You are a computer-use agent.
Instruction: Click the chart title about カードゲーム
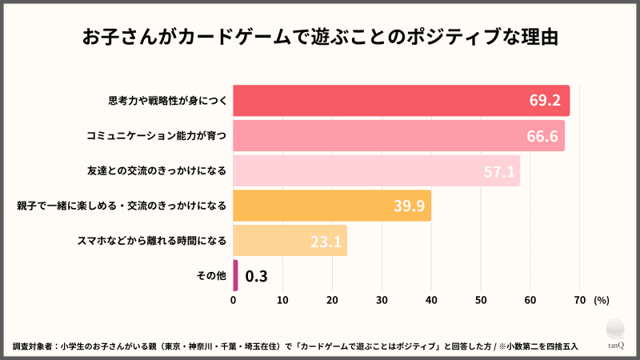coord(320,38)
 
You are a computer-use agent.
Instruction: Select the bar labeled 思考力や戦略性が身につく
coord(400,101)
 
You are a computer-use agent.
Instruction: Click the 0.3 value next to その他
coord(256,276)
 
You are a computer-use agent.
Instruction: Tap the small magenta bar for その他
coord(235,275)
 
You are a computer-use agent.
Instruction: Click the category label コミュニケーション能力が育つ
coord(157,136)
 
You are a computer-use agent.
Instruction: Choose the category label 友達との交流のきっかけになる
coord(157,171)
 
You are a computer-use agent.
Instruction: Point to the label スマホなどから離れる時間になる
coord(152,240)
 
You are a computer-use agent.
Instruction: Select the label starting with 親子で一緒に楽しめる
coord(122,206)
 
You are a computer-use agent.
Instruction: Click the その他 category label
coord(211,276)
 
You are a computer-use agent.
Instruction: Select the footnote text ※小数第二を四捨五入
coord(531,346)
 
